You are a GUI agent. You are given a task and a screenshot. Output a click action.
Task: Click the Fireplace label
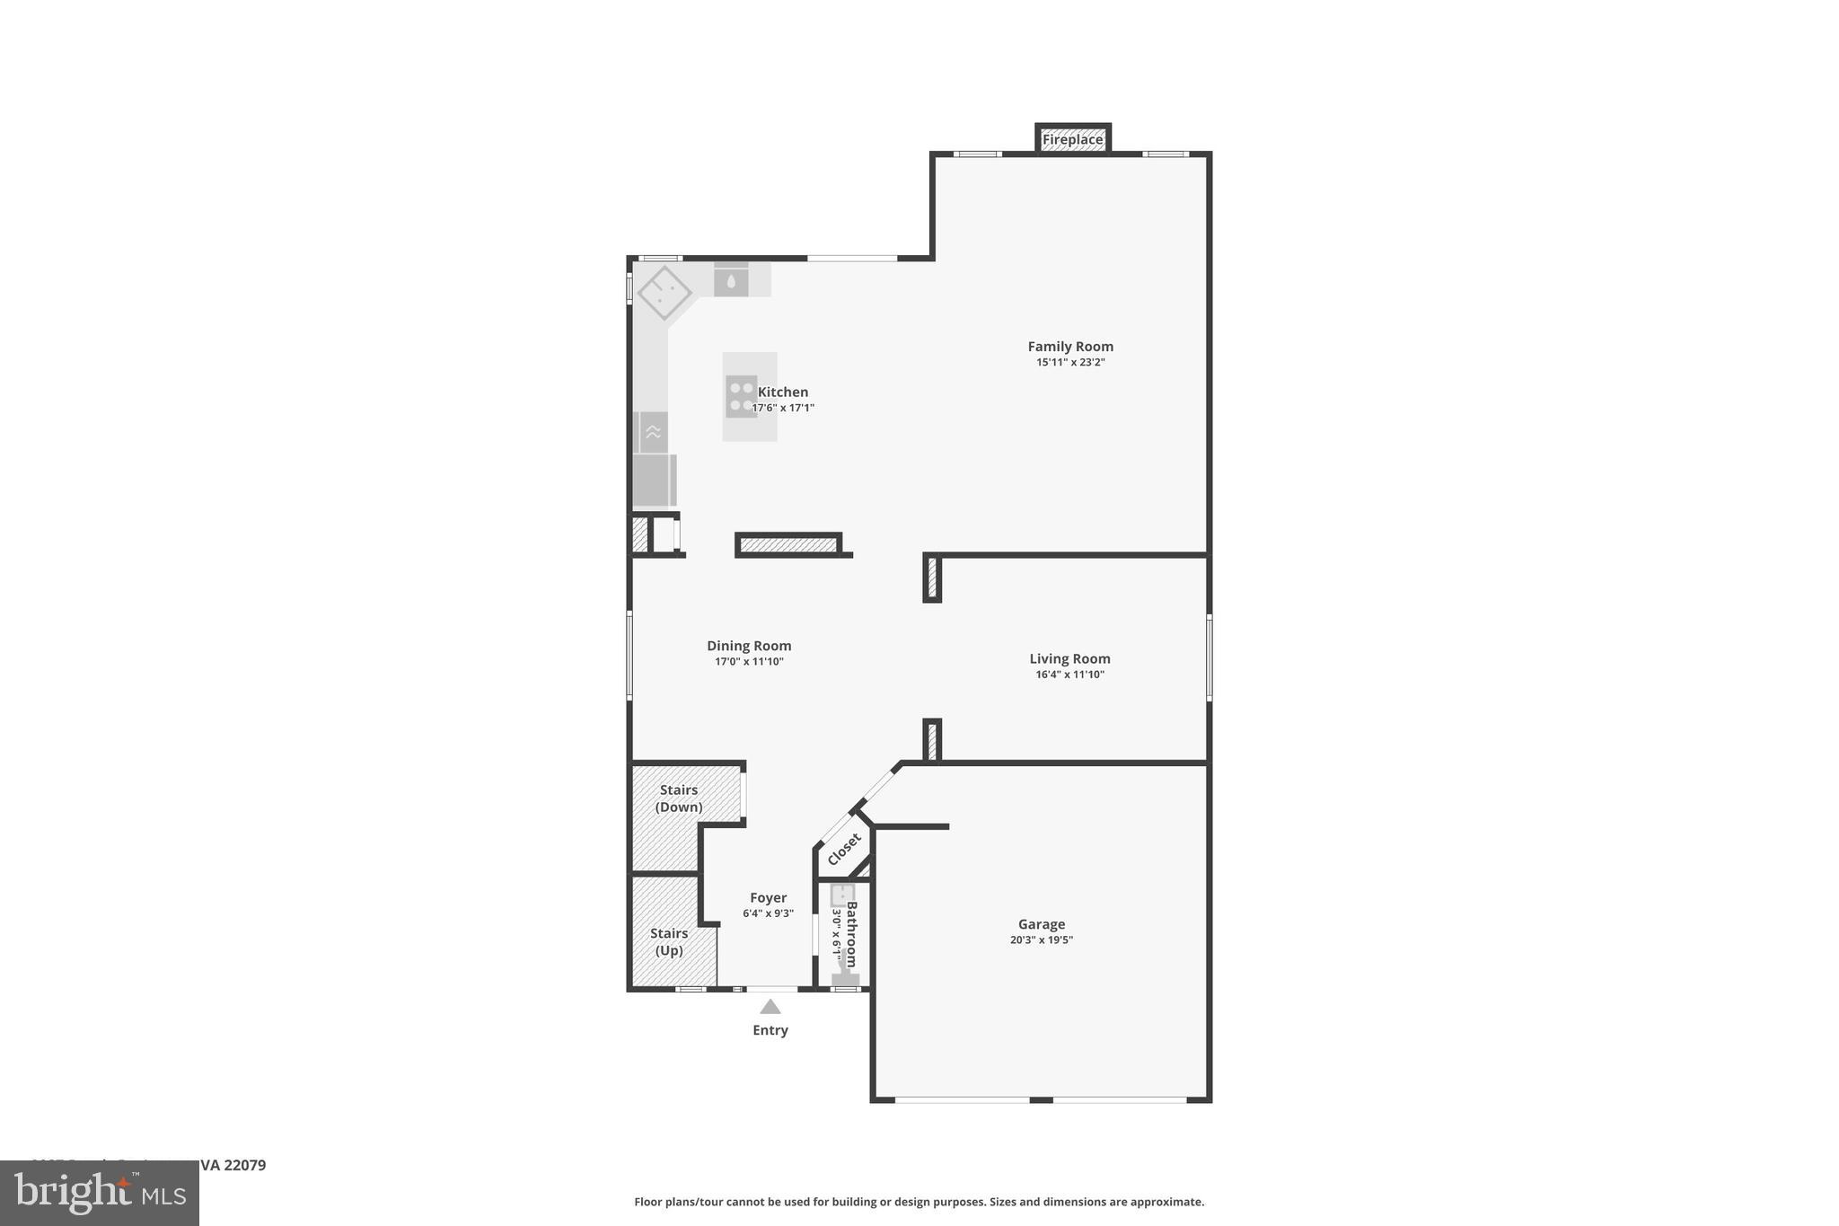click(x=1072, y=139)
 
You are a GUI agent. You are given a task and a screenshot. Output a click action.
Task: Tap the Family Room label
click(x=1070, y=346)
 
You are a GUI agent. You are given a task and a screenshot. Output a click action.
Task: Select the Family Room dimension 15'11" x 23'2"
click(x=1070, y=363)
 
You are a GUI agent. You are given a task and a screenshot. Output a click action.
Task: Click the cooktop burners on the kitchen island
click(x=742, y=396)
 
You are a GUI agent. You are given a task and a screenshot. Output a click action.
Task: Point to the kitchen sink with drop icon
click(x=731, y=281)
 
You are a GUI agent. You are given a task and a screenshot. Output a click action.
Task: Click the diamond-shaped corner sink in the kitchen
click(x=664, y=293)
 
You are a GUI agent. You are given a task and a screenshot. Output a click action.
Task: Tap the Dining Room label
click(x=749, y=645)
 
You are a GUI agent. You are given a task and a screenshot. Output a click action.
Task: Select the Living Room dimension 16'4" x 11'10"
click(x=1069, y=675)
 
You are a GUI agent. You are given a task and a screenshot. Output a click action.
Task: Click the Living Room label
click(x=1069, y=658)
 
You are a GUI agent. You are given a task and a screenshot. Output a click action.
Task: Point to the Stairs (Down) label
click(x=679, y=798)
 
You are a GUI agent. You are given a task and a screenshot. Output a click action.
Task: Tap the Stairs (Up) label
click(x=669, y=941)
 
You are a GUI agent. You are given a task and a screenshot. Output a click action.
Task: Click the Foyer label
click(x=768, y=897)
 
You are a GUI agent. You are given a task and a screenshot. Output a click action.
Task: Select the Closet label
click(x=844, y=850)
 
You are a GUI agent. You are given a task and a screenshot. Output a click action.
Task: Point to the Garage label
click(x=1042, y=923)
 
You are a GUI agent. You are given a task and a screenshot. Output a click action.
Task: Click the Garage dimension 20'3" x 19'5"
click(x=1042, y=940)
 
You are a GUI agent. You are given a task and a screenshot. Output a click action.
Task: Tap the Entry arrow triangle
click(x=770, y=1007)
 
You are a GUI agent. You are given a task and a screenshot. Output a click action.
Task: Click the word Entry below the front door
click(x=770, y=1030)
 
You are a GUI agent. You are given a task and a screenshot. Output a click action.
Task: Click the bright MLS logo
click(x=100, y=1193)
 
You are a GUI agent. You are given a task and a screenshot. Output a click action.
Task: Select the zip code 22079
click(x=244, y=1165)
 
